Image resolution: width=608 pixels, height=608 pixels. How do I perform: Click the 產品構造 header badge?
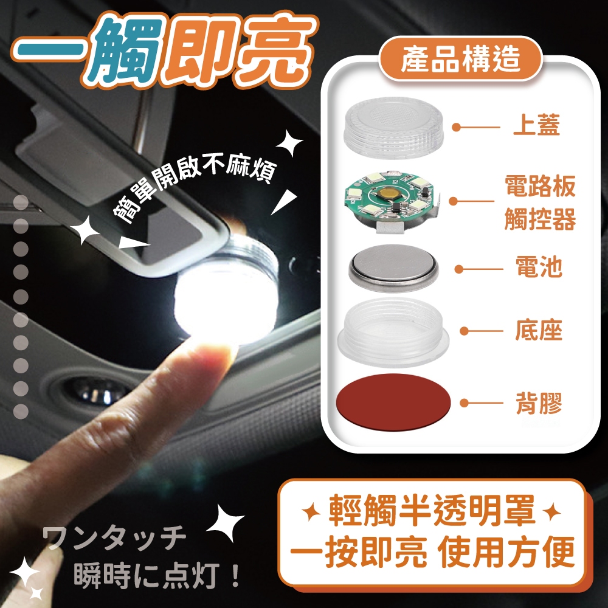coord(460,59)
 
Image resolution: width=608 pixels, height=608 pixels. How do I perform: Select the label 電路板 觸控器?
coord(540,202)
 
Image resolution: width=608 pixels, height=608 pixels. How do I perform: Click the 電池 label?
coord(539,267)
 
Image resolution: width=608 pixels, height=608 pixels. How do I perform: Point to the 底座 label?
coord(539,330)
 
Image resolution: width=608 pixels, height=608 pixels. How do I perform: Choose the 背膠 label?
coord(539,403)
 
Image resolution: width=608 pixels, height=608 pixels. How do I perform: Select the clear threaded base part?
coord(393,332)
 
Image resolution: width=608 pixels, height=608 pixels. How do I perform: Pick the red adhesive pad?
coord(393,402)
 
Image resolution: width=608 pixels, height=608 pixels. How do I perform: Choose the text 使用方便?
coord(505,551)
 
